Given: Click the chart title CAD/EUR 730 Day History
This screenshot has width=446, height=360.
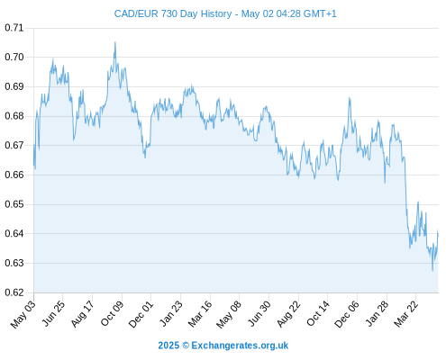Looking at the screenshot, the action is pyautogui.click(x=173, y=13).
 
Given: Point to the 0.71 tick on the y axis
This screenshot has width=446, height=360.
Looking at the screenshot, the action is pyautogui.click(x=14, y=28).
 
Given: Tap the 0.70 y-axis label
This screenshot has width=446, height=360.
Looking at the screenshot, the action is pyautogui.click(x=14, y=57).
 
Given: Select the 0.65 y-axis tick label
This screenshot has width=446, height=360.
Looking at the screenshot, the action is pyautogui.click(x=14, y=204).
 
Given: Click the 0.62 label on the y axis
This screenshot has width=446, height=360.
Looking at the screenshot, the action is pyautogui.click(x=14, y=292).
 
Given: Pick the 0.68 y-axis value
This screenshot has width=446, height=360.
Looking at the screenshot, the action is pyautogui.click(x=14, y=116).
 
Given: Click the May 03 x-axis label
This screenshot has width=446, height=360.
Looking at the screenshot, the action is pyautogui.click(x=23, y=314).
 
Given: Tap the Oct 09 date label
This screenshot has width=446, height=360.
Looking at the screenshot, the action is pyautogui.click(x=112, y=313).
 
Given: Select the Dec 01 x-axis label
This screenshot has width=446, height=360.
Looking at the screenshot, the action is pyautogui.click(x=141, y=314).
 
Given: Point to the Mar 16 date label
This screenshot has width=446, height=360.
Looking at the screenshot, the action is pyautogui.click(x=200, y=314).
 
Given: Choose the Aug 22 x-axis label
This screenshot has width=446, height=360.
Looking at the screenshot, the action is pyautogui.click(x=288, y=314).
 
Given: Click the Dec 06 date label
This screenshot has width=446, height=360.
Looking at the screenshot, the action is pyautogui.click(x=347, y=314).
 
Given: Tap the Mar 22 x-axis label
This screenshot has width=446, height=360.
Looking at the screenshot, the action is pyautogui.click(x=405, y=314).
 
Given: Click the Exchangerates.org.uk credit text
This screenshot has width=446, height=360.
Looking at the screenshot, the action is pyautogui.click(x=240, y=346).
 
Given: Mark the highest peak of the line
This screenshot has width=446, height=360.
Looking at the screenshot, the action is pyautogui.click(x=115, y=42).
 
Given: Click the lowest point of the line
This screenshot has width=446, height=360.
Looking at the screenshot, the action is pyautogui.click(x=432, y=271).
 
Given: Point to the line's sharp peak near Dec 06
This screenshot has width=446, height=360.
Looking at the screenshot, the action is pyautogui.click(x=350, y=98).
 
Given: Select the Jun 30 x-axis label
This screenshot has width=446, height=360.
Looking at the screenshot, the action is pyautogui.click(x=259, y=314).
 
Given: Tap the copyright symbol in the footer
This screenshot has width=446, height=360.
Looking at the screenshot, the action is pyautogui.click(x=186, y=346).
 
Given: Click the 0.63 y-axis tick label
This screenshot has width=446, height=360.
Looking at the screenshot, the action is pyautogui.click(x=14, y=263).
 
